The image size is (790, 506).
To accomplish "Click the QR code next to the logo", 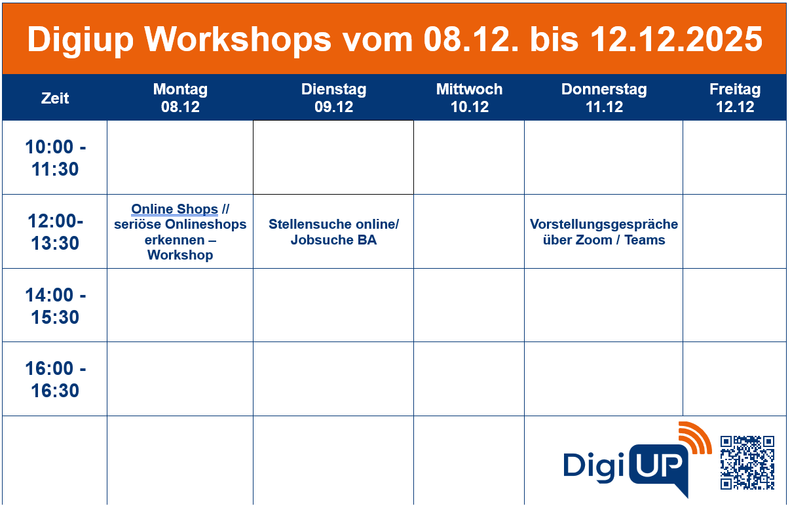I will coord(747,462).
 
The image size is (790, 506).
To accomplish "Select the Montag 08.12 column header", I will coord(180,98).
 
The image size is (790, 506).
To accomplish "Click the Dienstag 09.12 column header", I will coord(333,98).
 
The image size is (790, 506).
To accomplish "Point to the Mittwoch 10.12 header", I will coord(469,98).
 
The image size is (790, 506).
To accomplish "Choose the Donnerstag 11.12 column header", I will coord(603,98).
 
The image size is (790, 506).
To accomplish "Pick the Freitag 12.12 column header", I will coord(734,98).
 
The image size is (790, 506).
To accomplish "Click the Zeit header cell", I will coord(55,98).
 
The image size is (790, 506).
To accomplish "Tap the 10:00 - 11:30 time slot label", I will coord(55,158).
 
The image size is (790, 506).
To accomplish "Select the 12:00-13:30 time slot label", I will coord(55,232).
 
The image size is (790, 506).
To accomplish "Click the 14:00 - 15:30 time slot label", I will coord(55,306).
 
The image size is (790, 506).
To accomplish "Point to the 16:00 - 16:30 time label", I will coord(55,379).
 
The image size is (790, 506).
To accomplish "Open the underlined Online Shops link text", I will coord(174,209).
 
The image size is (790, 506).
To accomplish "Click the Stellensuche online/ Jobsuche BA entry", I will coord(333,232).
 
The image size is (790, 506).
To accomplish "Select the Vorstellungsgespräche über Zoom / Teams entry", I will coord(603,232).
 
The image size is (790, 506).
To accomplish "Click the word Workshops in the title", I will coord(238,39).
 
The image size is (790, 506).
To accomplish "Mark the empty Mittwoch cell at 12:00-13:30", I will coord(469,231).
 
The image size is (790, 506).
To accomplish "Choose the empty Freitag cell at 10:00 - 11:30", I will coord(734,157).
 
